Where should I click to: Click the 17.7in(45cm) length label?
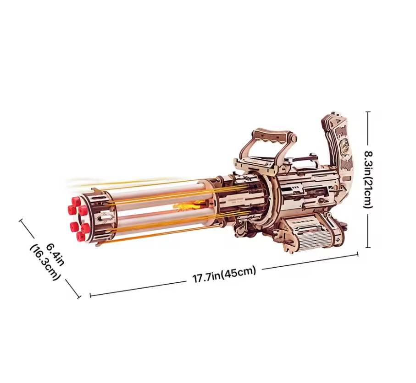224,275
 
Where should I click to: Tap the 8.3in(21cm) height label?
368,180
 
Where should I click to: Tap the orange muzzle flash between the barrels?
186,205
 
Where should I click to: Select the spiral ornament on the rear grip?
345,151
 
